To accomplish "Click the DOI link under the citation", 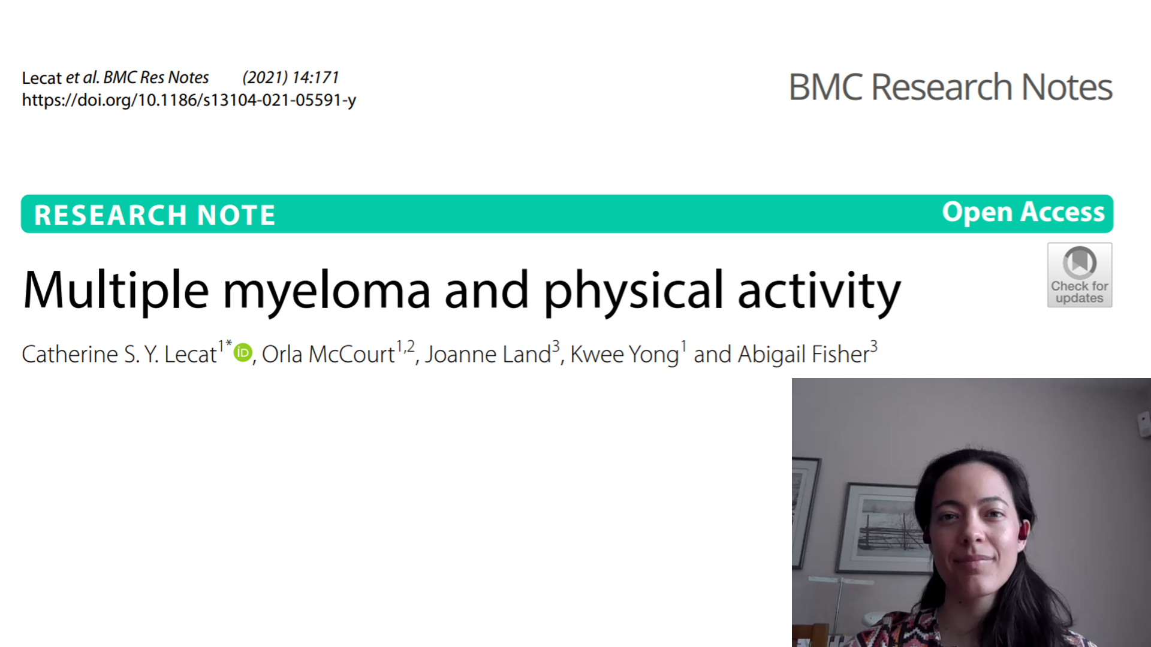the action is point(189,100).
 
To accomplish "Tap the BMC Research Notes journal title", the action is point(950,87).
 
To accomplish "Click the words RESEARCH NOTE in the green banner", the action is point(155,215).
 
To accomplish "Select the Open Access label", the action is point(1023,212).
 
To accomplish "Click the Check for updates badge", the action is point(1080,275).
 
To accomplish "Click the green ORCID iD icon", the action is point(243,352).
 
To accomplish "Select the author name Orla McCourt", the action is point(329,354).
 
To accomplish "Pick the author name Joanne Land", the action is point(488,354).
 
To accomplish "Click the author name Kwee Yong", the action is point(625,355).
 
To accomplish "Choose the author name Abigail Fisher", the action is point(803,355).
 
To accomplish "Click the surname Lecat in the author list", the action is point(190,354).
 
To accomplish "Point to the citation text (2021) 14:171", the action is point(291,77).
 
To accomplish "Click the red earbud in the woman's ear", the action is point(1024,530).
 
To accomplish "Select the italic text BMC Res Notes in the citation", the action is point(156,77).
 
